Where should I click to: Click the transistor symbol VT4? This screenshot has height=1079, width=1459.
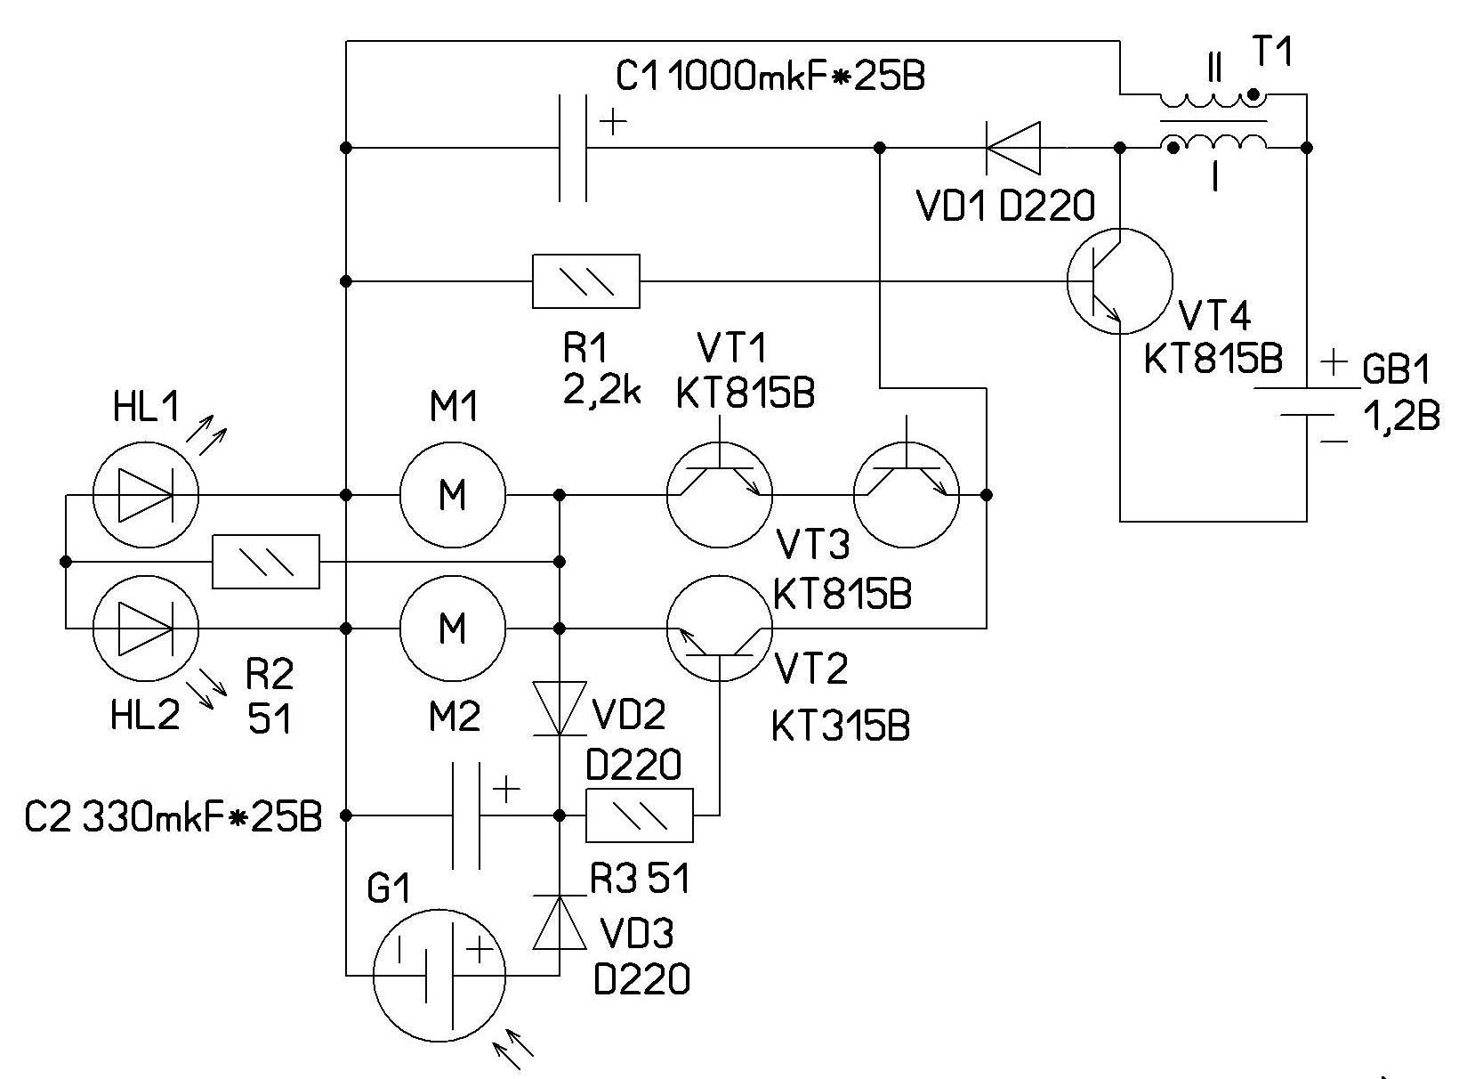1120,281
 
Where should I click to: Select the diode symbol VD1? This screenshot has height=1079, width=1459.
1013,148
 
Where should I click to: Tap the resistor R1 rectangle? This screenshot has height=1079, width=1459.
585,281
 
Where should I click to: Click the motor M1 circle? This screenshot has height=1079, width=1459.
453,494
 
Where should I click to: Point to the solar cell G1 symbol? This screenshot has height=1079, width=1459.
439,974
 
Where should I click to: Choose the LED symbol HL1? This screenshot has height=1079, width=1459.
146,494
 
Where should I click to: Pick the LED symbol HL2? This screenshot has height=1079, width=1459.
146,629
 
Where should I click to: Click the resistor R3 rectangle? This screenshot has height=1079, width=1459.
639,815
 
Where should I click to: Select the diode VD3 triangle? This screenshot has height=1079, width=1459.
559,923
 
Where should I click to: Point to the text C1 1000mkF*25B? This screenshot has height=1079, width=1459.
770,77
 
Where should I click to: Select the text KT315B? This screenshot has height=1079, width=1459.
841,727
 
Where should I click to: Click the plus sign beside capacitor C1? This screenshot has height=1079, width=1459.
613,122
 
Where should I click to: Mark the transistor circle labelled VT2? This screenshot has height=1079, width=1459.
720,629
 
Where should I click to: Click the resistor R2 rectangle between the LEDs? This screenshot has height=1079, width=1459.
266,562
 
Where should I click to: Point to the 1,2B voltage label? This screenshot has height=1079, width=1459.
1402,416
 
